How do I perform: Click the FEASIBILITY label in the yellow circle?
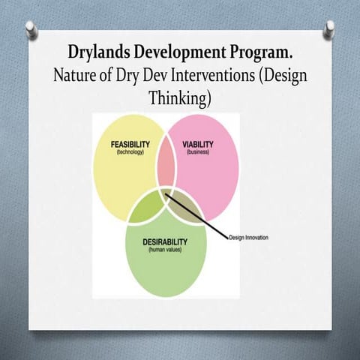coord(130,144)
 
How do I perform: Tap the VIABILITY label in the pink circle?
coord(199,144)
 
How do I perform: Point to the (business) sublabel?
coord(199,152)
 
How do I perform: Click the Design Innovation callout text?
coord(249,238)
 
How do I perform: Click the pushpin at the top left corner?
coord(31,28)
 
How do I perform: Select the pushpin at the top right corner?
coord(329,28)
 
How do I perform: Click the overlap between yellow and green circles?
coord(146,207)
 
